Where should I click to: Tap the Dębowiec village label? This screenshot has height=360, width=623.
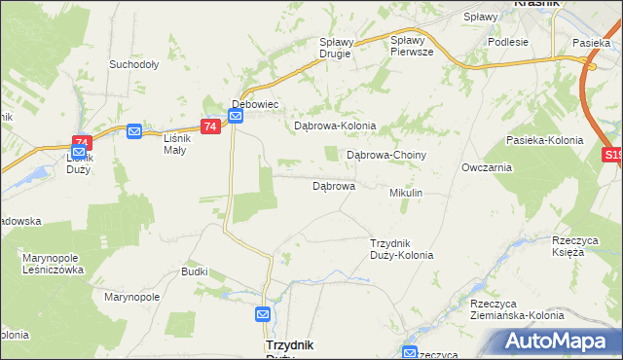[x=255, y=103]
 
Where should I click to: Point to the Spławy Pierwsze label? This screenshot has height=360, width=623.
[x=411, y=46]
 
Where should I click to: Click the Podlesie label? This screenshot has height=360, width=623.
[x=508, y=42]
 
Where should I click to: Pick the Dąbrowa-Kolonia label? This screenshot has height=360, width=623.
[x=335, y=126]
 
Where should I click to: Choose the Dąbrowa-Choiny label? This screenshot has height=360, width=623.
[x=386, y=155]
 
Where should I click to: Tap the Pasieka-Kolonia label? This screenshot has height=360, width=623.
[x=544, y=140]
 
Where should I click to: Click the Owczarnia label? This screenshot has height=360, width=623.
[x=488, y=167]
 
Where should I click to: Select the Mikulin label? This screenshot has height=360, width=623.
[x=406, y=194]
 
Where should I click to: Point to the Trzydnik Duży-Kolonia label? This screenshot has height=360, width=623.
[x=402, y=249]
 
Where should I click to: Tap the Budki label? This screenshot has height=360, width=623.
[x=195, y=271]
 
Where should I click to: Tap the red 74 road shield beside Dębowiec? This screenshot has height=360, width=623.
[x=209, y=126]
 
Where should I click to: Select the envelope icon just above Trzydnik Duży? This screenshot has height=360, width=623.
[x=263, y=314]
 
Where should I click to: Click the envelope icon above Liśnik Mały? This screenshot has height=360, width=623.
[x=134, y=130]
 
